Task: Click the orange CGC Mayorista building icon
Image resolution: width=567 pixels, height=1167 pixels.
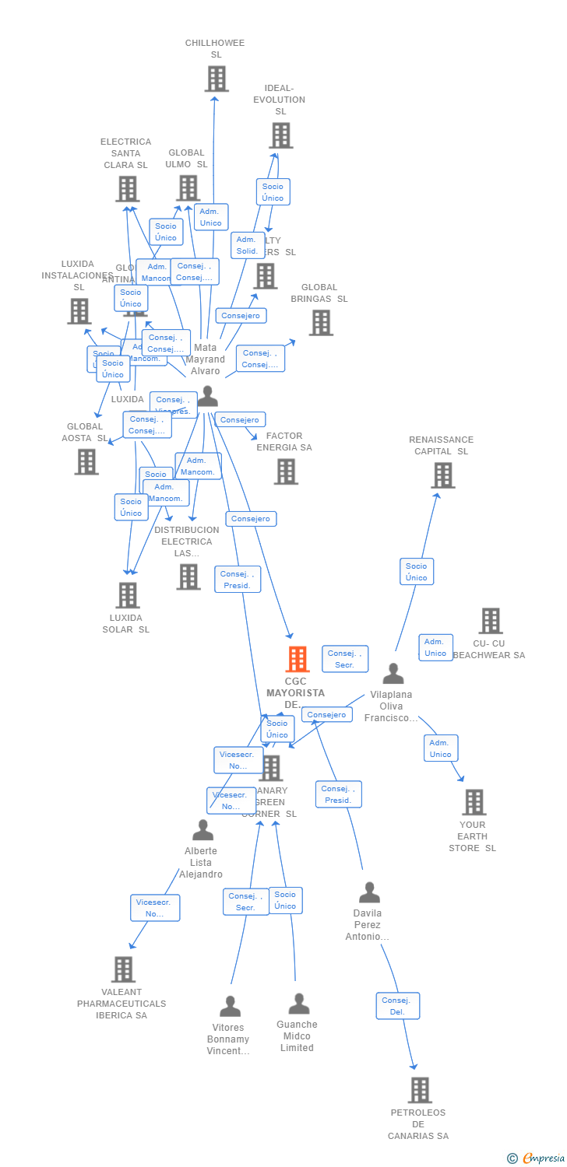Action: pos(297,659)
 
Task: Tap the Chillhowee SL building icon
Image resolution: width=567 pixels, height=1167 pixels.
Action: pos(216,79)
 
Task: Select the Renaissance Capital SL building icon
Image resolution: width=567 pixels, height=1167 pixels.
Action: pos(442,475)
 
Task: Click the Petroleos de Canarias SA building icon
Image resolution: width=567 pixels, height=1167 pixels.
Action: pos(419,1090)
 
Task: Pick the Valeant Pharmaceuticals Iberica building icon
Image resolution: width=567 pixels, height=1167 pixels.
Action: pos(123,969)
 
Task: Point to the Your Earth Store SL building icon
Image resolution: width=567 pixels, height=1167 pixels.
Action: pos(474,802)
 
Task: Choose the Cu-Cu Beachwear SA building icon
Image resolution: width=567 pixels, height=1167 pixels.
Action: pos(490,621)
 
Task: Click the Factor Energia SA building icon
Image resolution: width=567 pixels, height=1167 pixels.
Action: pos(286,471)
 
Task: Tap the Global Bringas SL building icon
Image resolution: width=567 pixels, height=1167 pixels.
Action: pos(320,323)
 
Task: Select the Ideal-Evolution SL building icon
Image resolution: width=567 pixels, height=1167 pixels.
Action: pos(280,135)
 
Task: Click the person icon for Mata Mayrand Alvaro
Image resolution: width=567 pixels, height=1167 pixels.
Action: pos(207,396)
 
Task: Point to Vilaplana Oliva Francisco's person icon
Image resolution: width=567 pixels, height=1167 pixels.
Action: pos(393,674)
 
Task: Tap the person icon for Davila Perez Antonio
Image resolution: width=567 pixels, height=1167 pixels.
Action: pos(369,892)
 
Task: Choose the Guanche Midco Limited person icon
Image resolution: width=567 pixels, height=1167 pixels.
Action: pos(299,1004)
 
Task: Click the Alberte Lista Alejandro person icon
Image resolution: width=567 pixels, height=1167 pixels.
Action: pos(202,830)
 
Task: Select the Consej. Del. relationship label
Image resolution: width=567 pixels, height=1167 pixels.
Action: pos(398,1006)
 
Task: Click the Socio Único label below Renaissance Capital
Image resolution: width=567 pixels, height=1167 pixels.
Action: pos(417,572)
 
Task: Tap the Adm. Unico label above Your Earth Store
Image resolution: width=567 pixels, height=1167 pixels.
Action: pos(441,748)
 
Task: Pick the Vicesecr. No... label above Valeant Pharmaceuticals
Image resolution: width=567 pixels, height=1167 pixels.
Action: pos(155,908)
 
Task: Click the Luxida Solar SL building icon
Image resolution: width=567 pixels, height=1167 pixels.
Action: pos(127,595)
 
